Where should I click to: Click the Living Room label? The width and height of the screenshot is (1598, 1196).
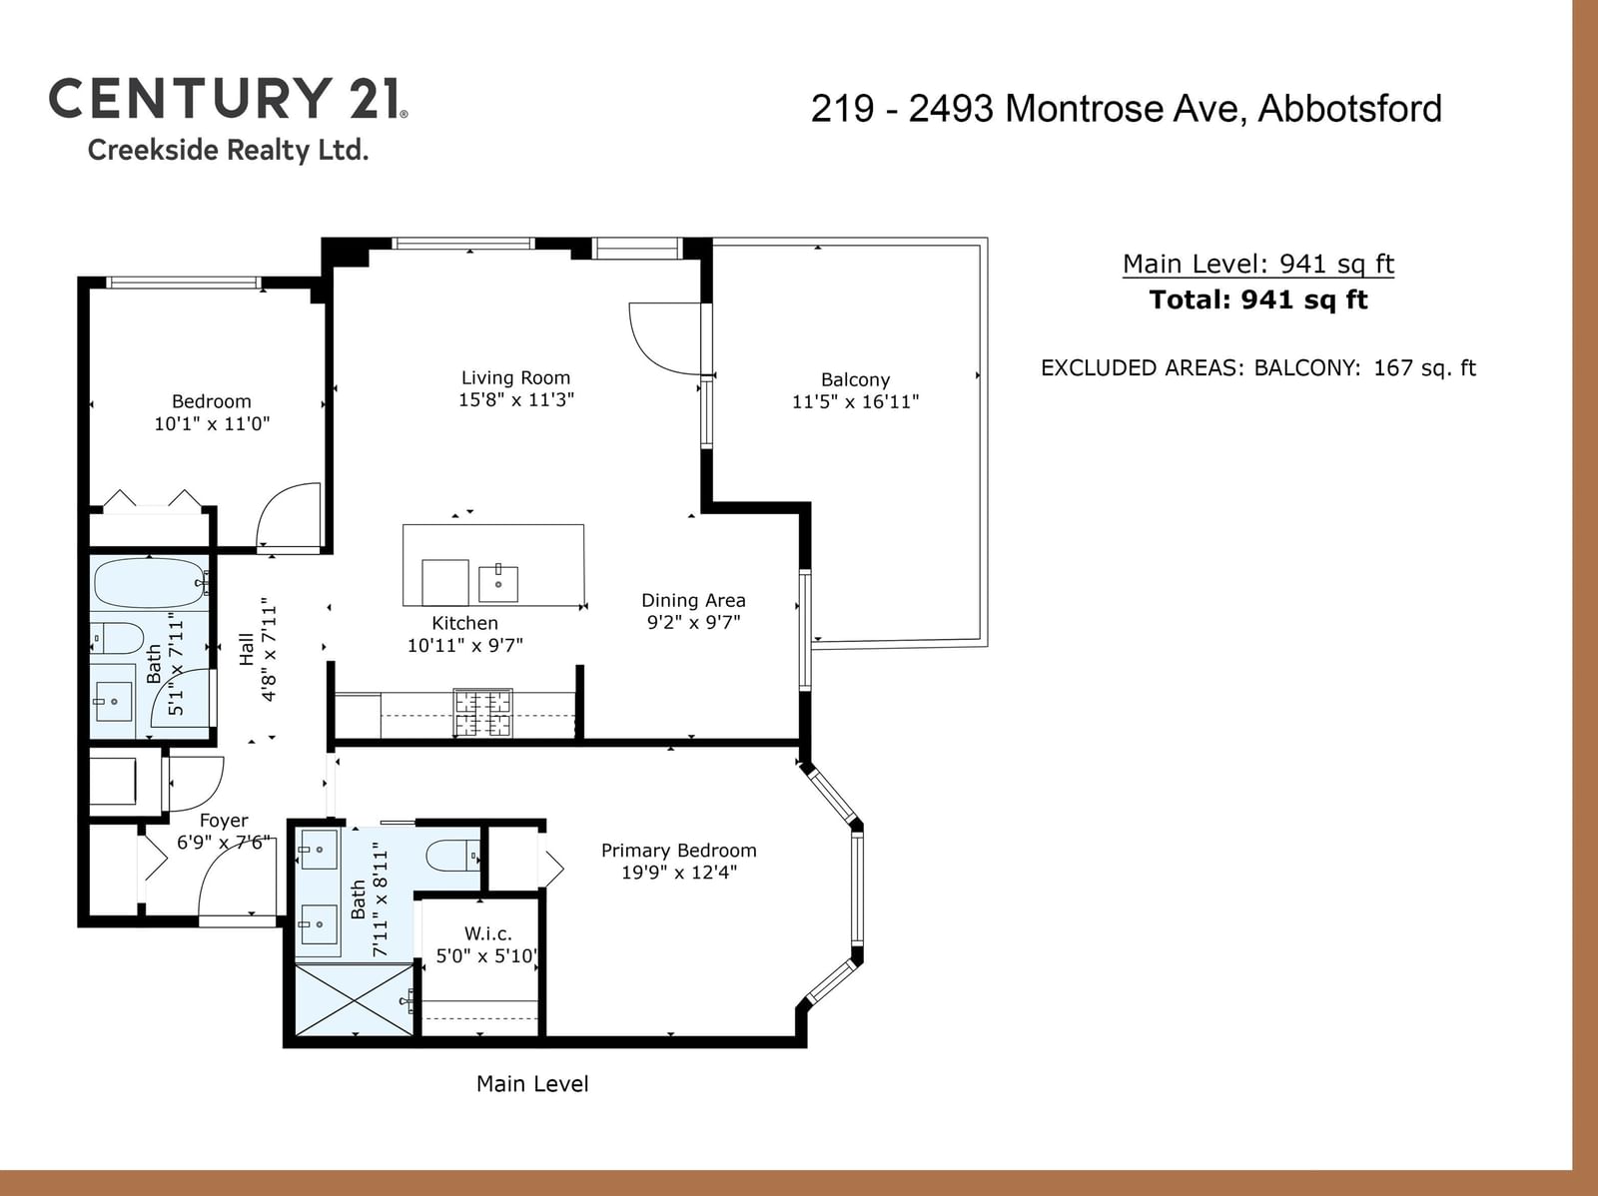515,377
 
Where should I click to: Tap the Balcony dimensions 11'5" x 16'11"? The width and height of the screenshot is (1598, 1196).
855,401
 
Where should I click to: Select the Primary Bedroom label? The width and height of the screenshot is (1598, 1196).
678,851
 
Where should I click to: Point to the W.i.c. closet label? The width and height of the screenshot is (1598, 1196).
487,933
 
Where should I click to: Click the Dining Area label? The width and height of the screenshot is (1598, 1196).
693,600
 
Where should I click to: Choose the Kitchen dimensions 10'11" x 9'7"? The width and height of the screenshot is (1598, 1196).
464,645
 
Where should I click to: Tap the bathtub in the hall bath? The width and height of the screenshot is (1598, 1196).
152,583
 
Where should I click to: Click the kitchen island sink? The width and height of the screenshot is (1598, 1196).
498,583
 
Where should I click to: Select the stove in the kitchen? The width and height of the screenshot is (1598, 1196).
482,712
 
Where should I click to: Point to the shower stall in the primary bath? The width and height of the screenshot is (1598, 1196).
355,999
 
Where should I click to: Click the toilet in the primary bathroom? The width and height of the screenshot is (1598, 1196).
452,856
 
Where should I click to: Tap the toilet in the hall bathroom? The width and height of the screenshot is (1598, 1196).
117,638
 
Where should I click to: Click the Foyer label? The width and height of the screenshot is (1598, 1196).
224,821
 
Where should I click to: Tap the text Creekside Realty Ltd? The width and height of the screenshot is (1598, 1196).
228,150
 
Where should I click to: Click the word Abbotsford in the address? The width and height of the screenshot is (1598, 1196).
1349,109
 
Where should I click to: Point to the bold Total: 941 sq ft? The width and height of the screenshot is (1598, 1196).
1258,299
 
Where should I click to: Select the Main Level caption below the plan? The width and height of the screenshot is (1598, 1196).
532,1084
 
